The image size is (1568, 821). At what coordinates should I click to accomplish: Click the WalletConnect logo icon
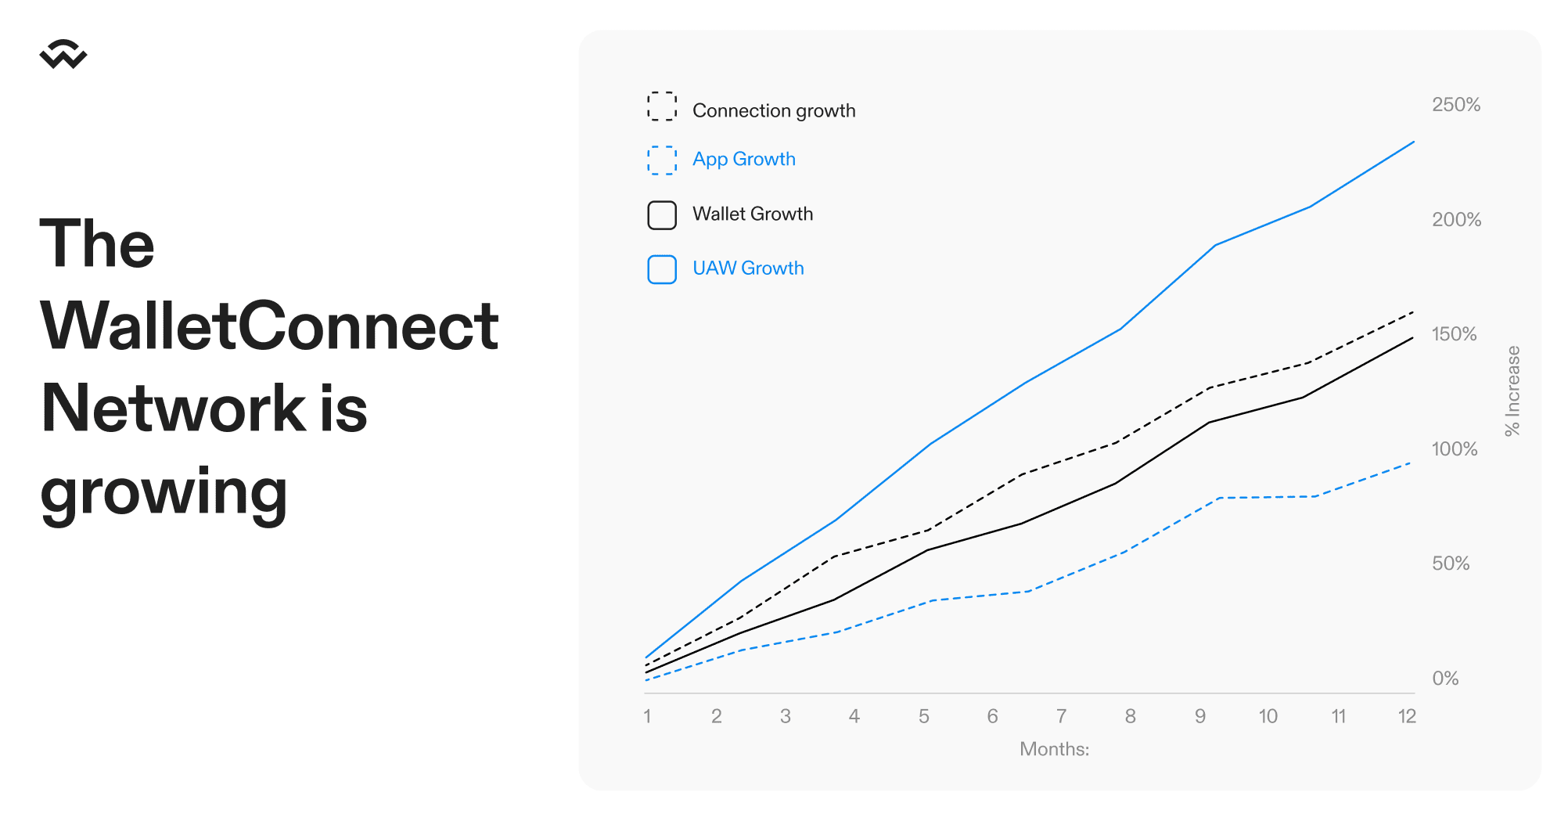(63, 54)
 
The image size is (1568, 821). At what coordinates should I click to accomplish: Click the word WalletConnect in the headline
(269, 326)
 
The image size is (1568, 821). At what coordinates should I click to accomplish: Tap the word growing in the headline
(164, 493)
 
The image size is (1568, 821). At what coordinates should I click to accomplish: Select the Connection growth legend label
(774, 110)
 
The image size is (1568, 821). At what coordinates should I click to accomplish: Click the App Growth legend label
(744, 159)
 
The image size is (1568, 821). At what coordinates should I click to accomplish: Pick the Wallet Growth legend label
(753, 214)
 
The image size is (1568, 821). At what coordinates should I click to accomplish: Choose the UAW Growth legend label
(748, 268)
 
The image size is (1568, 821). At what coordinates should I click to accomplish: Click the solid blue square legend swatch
(662, 269)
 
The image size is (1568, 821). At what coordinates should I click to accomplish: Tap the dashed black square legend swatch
(662, 106)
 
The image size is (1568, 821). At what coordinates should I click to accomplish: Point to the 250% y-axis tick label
(1456, 105)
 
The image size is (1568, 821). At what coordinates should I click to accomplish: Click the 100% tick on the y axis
(1455, 449)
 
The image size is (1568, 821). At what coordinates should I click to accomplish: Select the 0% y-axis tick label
(1445, 679)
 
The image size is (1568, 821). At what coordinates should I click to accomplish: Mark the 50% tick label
(1451, 564)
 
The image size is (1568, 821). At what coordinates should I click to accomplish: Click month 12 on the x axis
(1407, 716)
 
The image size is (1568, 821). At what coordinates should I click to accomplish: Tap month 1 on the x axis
(647, 716)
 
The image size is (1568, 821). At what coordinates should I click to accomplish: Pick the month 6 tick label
(992, 716)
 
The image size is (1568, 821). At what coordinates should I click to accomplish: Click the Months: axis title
(1054, 749)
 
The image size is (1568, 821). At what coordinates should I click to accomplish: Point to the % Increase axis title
(1512, 391)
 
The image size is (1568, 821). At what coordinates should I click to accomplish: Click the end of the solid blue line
(1414, 142)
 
